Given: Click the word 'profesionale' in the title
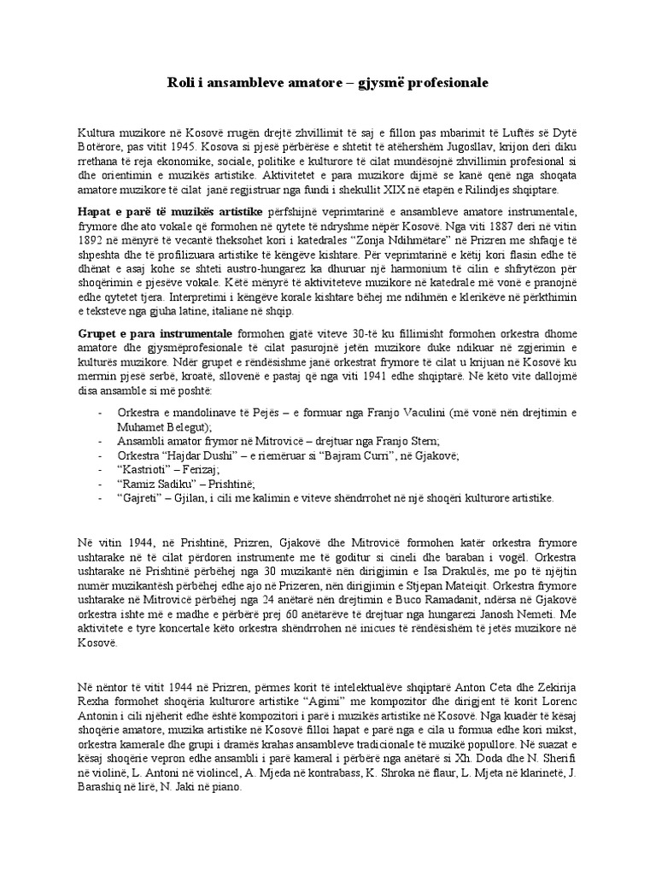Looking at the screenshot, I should click(x=440, y=83).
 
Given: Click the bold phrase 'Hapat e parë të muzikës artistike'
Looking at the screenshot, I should click(x=167, y=210).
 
